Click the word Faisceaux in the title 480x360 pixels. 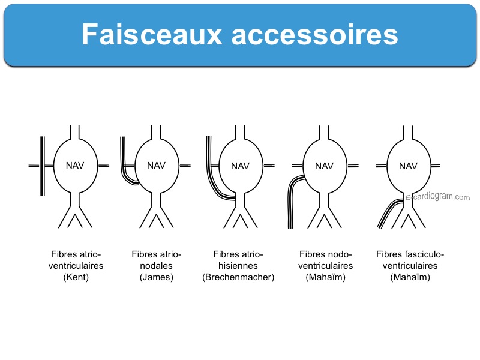152,34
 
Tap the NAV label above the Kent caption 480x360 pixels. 75,166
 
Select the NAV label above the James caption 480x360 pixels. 156,166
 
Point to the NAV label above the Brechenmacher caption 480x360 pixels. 241,166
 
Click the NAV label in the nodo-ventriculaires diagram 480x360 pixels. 324,166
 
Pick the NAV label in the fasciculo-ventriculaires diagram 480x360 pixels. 408,166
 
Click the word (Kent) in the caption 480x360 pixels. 76,277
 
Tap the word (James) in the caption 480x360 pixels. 157,277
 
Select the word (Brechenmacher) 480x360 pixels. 238,277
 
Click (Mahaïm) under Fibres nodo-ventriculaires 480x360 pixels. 325,277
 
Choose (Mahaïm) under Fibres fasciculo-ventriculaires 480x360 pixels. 410,277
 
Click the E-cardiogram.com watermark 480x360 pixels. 437,197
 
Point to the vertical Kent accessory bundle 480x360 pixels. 42,166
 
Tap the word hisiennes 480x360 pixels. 238,266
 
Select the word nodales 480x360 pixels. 156,266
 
